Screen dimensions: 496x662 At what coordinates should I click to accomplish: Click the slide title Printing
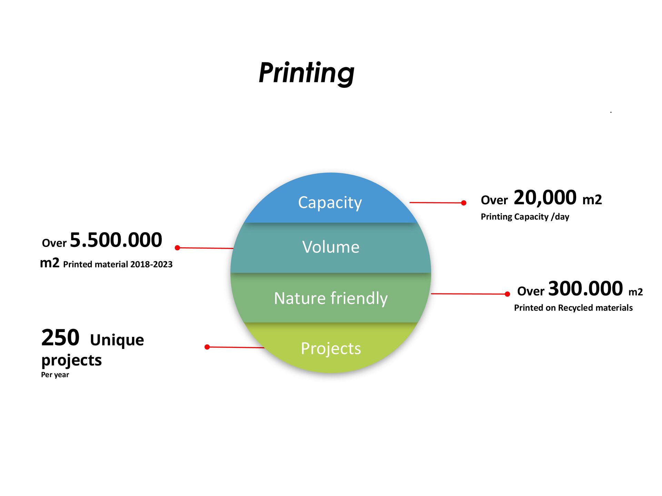[x=307, y=73]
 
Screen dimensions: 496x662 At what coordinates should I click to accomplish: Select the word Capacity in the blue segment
[x=330, y=203]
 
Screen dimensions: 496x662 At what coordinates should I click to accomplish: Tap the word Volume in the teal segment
[x=331, y=247]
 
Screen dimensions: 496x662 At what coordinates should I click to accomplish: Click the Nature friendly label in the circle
[x=331, y=298]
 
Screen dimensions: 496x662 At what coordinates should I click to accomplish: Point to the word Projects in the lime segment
[x=331, y=349]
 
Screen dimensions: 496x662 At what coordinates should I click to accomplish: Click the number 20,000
[x=545, y=198]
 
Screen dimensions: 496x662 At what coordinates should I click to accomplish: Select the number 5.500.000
[x=116, y=240]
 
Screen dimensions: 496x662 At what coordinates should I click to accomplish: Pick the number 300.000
[x=585, y=289]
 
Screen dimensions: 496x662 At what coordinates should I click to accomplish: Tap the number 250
[x=60, y=338]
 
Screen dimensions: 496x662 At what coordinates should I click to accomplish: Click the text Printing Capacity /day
[x=525, y=217]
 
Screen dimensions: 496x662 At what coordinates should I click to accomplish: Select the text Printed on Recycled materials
[x=573, y=308]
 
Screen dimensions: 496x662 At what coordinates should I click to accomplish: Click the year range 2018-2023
[x=151, y=265]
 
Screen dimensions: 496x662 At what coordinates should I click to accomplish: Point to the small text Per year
[x=55, y=375]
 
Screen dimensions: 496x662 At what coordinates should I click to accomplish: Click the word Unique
[x=117, y=340]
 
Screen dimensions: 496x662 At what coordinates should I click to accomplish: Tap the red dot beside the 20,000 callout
[x=464, y=203]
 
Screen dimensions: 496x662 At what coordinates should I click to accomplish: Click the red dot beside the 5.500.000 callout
[x=178, y=248]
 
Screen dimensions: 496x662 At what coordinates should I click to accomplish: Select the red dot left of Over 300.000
[x=507, y=294]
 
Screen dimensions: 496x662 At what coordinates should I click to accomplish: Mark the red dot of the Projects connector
[x=207, y=347]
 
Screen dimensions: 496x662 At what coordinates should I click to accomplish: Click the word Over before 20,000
[x=494, y=200]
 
